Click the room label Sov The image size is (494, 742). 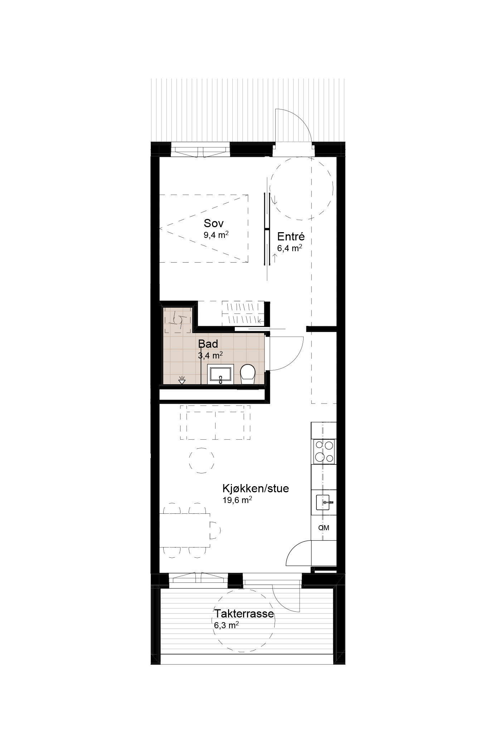(214, 223)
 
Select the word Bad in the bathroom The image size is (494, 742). (208, 344)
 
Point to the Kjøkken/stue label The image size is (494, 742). (256, 488)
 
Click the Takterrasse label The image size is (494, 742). (244, 614)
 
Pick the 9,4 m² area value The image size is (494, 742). (216, 235)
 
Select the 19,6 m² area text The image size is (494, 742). (237, 500)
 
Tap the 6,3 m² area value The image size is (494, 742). (227, 625)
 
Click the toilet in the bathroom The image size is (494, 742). (247, 374)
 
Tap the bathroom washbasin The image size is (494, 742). (221, 374)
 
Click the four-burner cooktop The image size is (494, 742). (324, 451)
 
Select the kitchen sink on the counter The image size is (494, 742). (325, 502)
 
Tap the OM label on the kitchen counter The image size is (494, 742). (324, 528)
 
